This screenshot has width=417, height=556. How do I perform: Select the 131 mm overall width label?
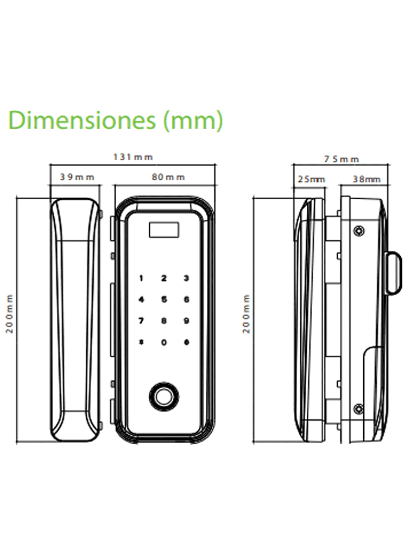[133, 157]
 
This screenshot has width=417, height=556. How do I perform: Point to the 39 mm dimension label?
[77, 177]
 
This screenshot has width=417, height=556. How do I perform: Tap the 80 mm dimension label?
[168, 177]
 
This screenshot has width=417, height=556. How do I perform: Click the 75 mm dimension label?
[342, 159]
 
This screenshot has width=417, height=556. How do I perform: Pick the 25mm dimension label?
[311, 179]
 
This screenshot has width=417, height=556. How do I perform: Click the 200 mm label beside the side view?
[247, 313]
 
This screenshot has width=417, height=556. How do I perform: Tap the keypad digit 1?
[142, 279]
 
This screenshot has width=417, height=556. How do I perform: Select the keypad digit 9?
[186, 320]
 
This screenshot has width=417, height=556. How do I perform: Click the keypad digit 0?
[163, 342]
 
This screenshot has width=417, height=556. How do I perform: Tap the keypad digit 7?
[142, 320]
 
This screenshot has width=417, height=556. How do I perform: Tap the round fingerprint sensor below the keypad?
[163, 396]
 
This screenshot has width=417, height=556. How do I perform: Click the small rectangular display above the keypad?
[163, 231]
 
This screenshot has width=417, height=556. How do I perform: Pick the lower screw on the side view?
[358, 408]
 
